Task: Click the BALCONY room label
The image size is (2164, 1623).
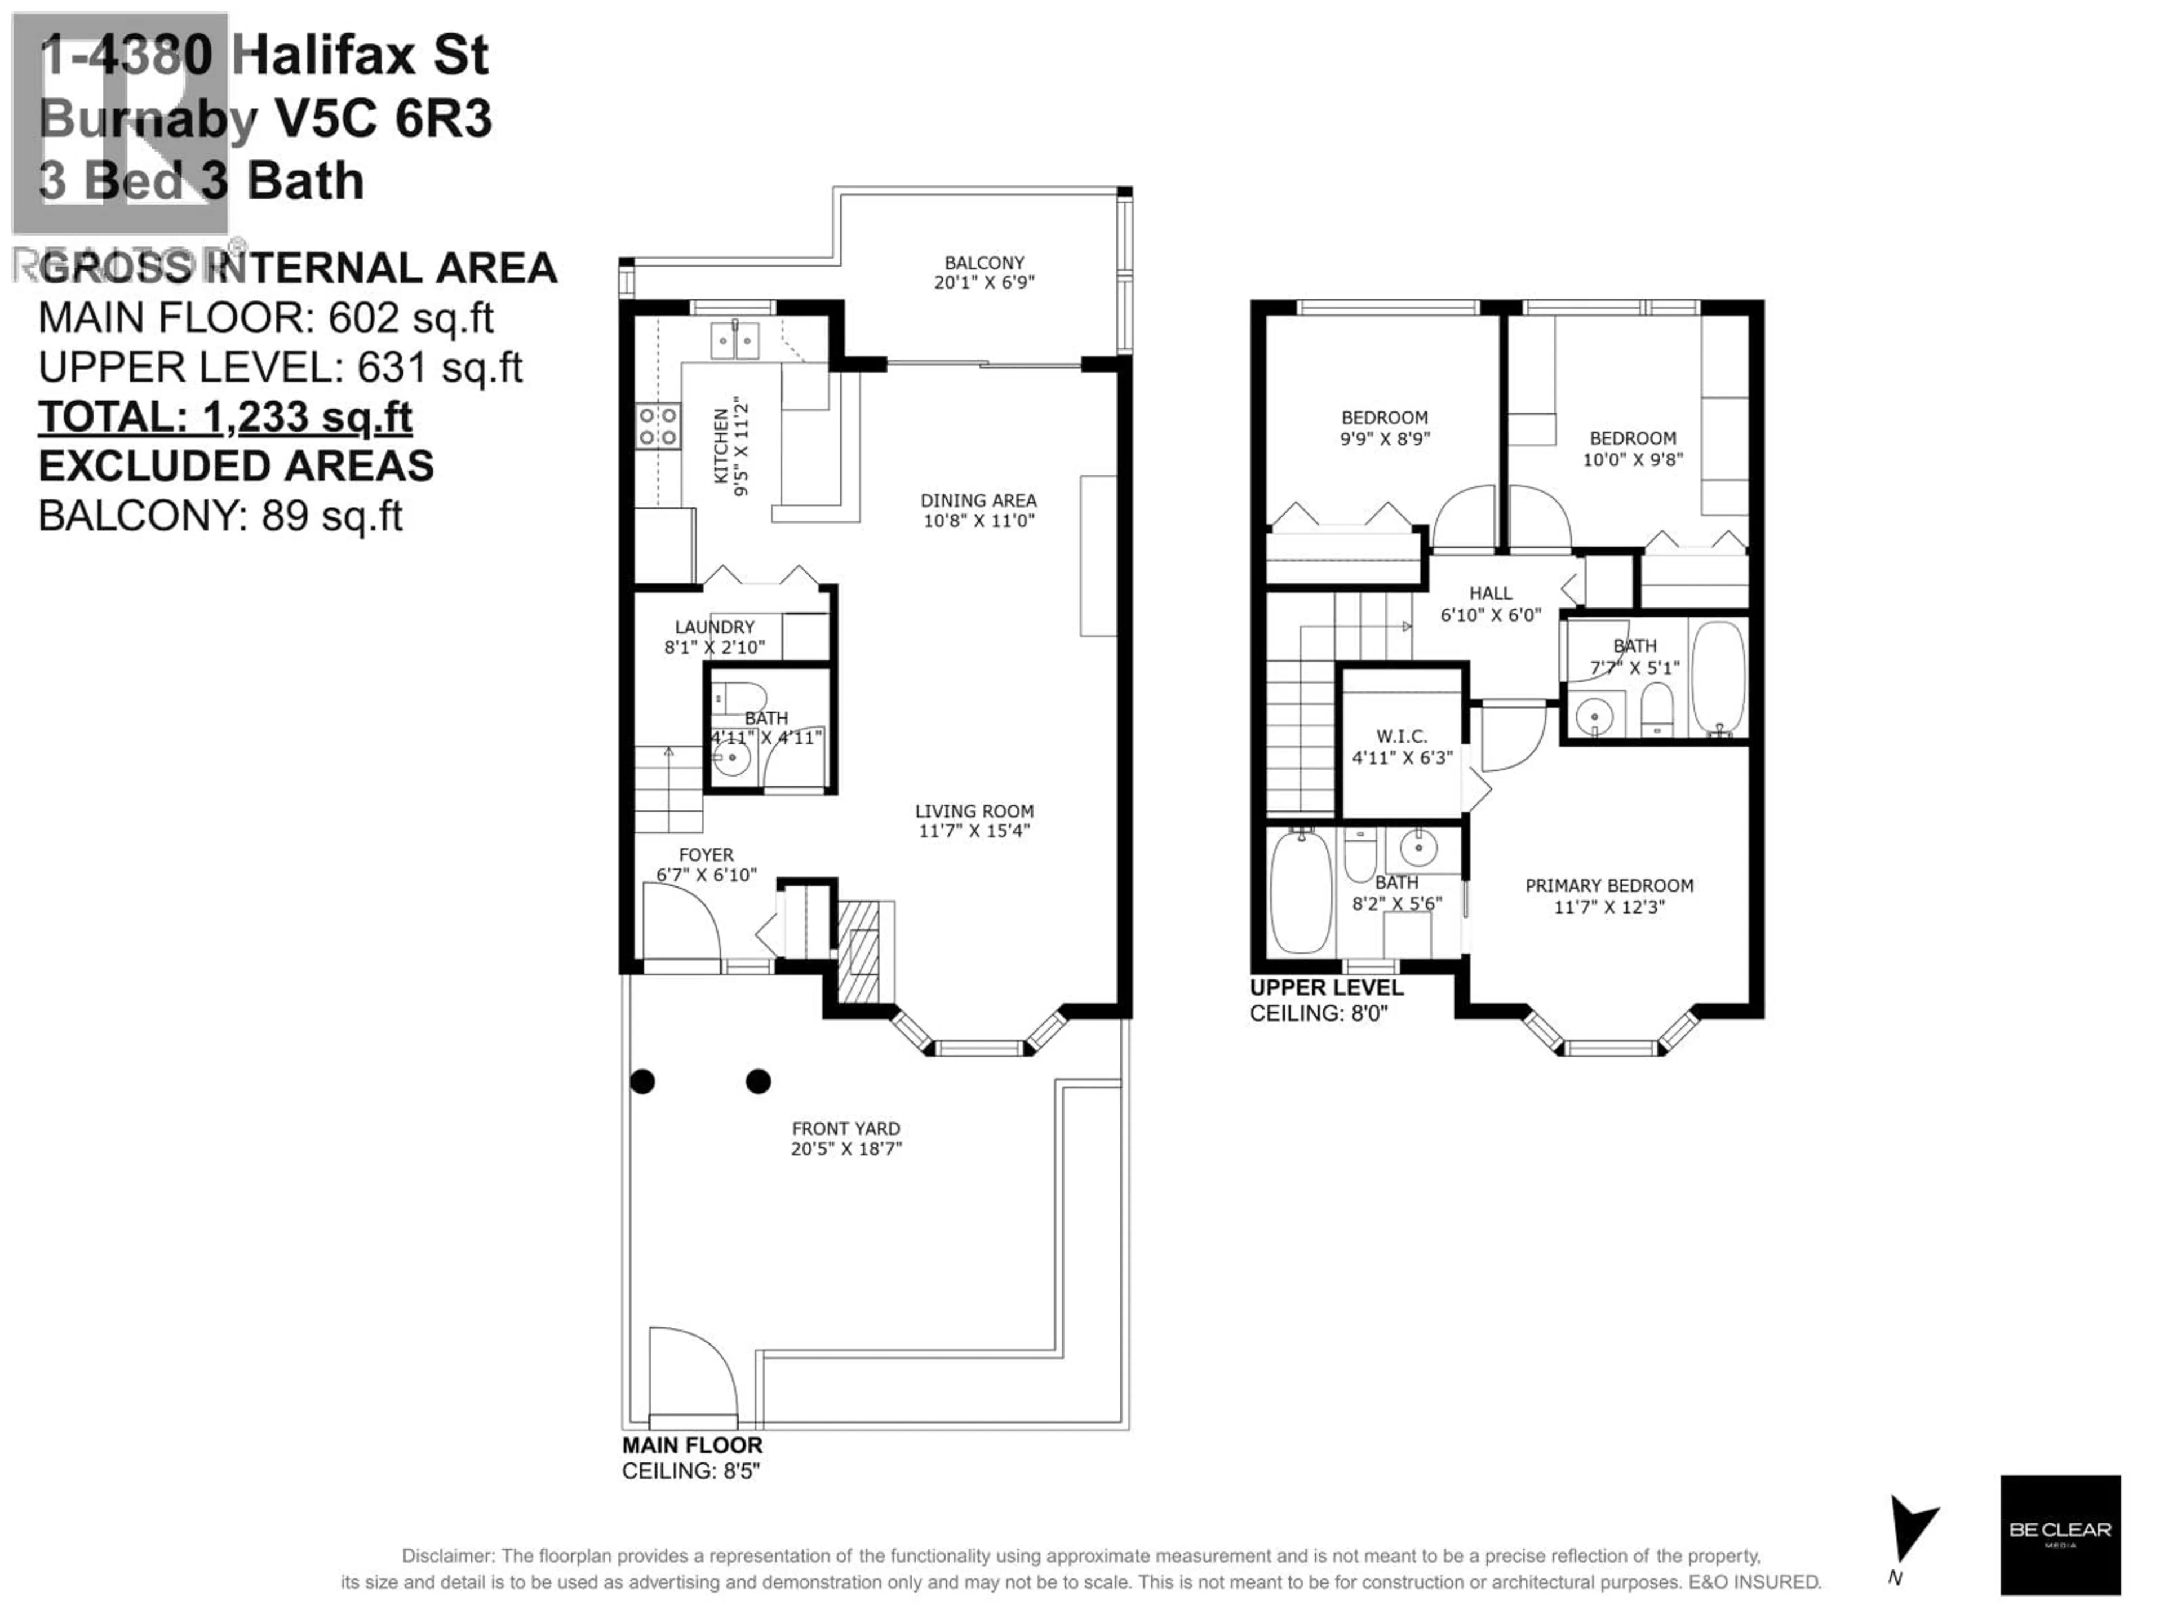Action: tap(984, 263)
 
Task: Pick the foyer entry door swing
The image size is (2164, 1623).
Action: tap(682, 923)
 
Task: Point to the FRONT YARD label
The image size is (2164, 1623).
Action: tap(845, 1129)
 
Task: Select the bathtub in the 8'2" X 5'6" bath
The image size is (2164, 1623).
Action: tap(1300, 892)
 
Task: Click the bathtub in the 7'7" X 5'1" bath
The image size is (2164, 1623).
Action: tap(1718, 677)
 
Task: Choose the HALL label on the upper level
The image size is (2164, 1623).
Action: tap(1490, 593)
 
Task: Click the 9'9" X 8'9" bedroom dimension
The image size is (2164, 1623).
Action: tap(1384, 439)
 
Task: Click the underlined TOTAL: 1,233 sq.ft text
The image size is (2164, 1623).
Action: tap(225, 417)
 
